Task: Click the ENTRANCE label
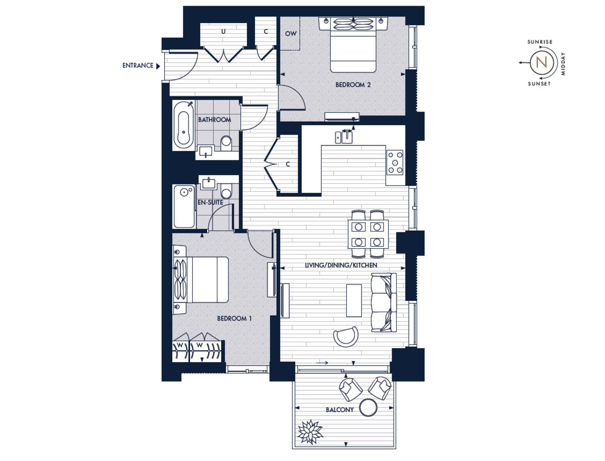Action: click(x=138, y=66)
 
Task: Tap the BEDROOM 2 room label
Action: click(x=353, y=85)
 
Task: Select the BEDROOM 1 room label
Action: click(x=234, y=318)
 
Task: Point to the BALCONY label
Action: click(x=339, y=410)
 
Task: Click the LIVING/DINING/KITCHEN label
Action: click(x=341, y=265)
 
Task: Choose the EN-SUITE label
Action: click(x=210, y=203)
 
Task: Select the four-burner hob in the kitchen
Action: click(x=395, y=162)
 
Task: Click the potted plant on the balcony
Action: click(x=310, y=431)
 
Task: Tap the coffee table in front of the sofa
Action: click(x=354, y=300)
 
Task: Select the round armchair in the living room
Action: click(x=346, y=336)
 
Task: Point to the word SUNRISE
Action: click(x=539, y=42)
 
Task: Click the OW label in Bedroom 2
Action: click(x=291, y=34)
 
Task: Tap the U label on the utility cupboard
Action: click(x=223, y=31)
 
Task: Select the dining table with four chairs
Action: click(x=369, y=234)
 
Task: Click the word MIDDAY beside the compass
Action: click(x=563, y=63)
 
